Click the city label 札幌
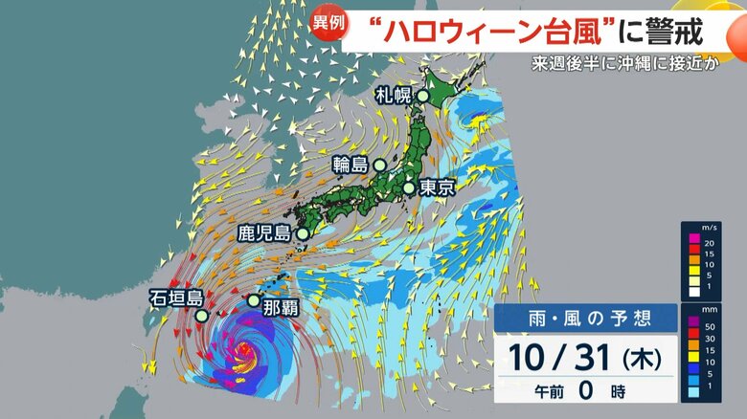(x=393, y=95)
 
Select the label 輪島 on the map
(x=351, y=165)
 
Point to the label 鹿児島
(x=264, y=232)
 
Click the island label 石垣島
(x=173, y=297)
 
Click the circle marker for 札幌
(x=422, y=96)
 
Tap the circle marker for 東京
(x=409, y=187)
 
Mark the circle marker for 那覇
(x=253, y=300)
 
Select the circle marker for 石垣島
(x=202, y=315)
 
